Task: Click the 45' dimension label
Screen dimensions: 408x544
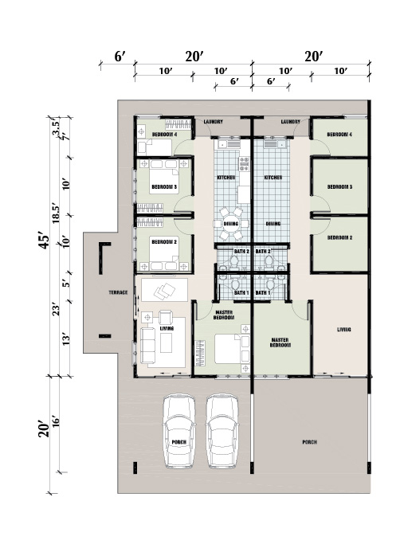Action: click(45, 241)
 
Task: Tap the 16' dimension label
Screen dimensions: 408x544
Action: click(56, 423)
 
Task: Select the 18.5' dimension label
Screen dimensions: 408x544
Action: click(56, 213)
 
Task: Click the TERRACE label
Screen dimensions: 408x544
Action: click(118, 292)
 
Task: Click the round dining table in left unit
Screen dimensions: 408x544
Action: click(231, 224)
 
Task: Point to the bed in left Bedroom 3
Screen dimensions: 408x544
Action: click(164, 181)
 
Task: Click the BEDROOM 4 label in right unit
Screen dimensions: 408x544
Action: click(339, 135)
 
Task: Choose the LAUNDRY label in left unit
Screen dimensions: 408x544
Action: click(214, 122)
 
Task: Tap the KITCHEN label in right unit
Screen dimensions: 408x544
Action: click(273, 178)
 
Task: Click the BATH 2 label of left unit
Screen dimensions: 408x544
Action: click(241, 251)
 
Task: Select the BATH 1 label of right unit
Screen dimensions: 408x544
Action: click(263, 293)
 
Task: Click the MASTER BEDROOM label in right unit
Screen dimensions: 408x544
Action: click(280, 342)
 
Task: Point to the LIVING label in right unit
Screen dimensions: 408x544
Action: click(343, 329)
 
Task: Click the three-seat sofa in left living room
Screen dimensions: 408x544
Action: click(148, 346)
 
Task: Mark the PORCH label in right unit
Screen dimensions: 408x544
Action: click(309, 442)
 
